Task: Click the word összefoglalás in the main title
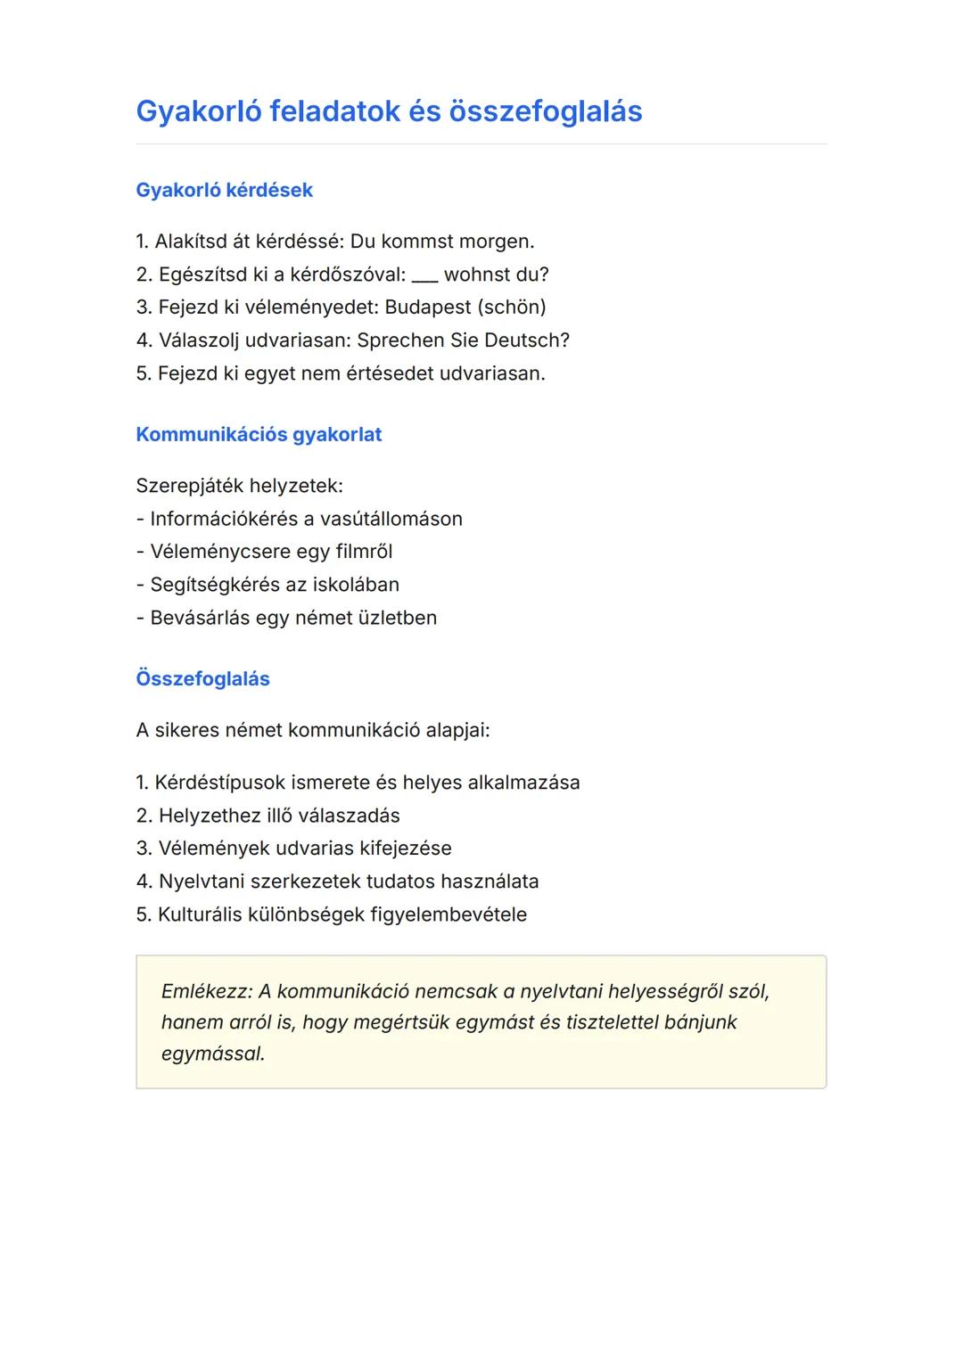[546, 111]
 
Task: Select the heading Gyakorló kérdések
[224, 190]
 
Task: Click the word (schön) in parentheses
[512, 307]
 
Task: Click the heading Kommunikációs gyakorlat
[259, 434]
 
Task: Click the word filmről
[364, 552]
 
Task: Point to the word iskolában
[355, 585]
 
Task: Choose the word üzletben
[397, 618]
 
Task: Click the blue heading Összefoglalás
[202, 678]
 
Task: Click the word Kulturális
[199, 914]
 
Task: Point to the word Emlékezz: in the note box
[207, 991]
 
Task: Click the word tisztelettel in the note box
[602, 1022]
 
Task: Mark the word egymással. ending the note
[213, 1054]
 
